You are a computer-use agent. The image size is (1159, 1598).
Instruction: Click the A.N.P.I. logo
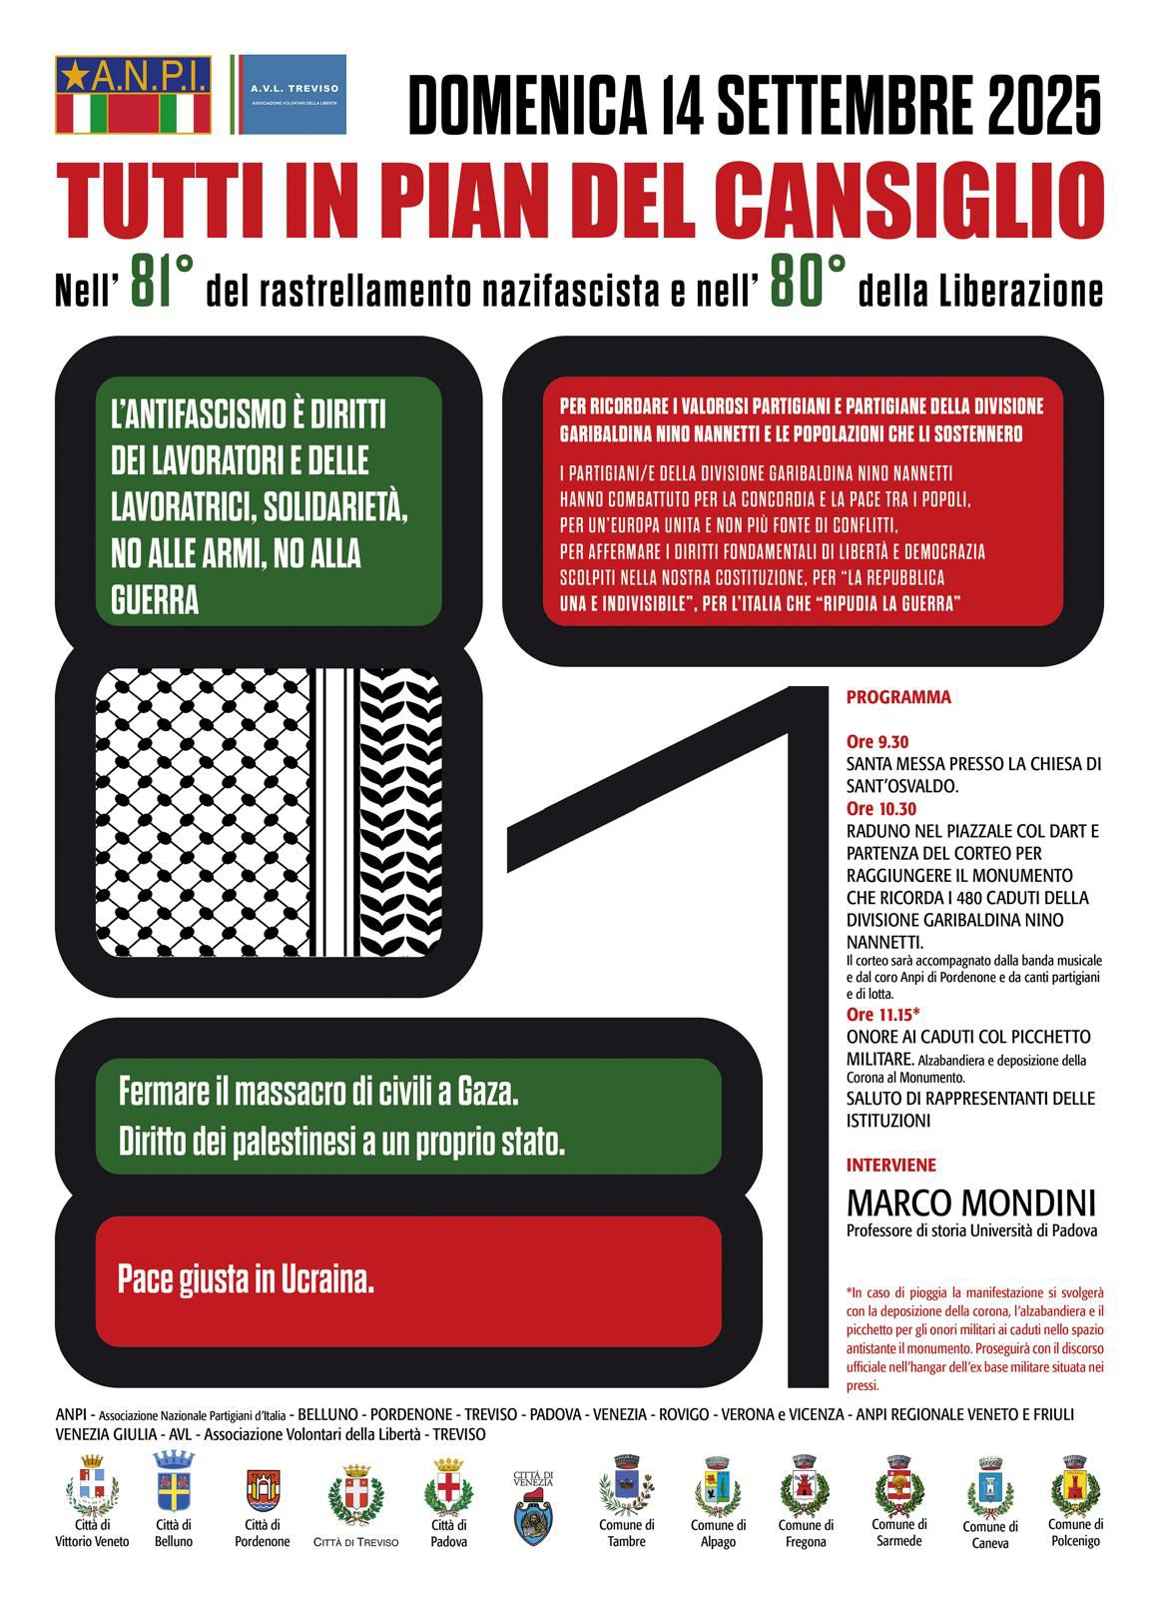click(x=134, y=95)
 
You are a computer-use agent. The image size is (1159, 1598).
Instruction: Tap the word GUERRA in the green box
click(x=155, y=599)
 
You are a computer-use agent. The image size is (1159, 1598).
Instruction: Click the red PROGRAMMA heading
click(x=898, y=698)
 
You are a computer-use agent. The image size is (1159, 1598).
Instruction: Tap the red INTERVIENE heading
click(x=891, y=1165)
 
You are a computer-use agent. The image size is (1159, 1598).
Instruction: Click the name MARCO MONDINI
click(x=970, y=1201)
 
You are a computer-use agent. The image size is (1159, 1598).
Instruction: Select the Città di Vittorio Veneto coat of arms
click(x=92, y=1484)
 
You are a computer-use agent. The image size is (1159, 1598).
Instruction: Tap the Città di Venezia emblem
click(x=533, y=1509)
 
